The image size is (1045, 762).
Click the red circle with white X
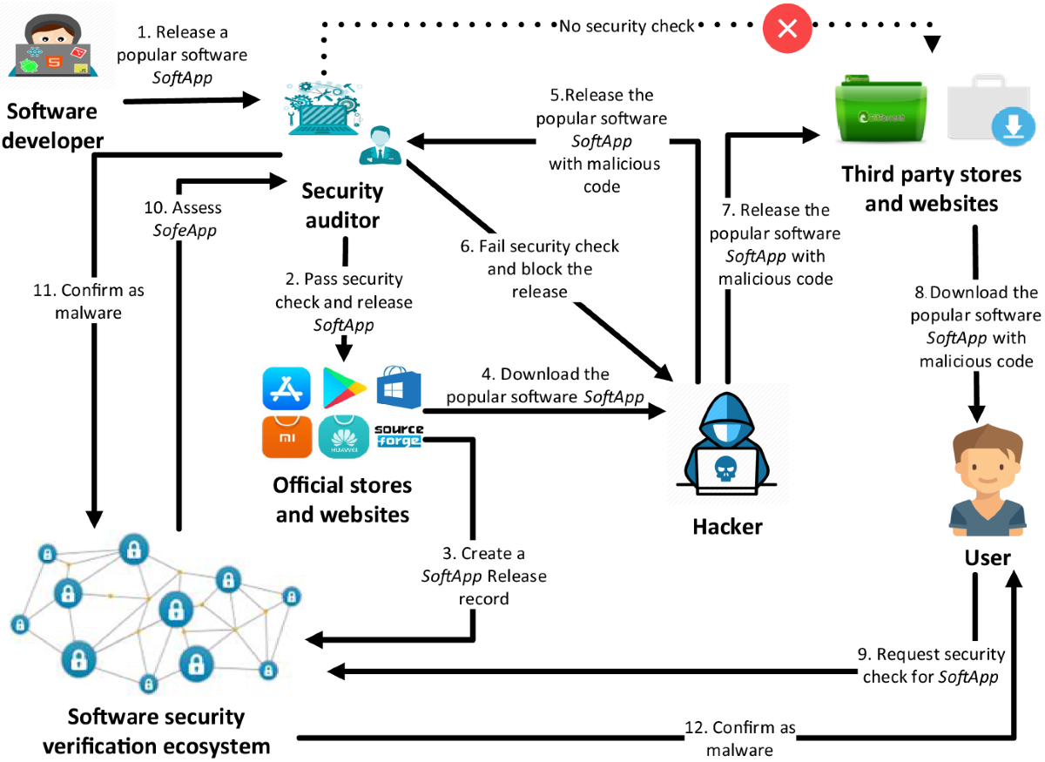[x=787, y=28]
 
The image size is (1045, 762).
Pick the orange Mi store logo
[x=287, y=437]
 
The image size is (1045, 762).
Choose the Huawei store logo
[x=343, y=437]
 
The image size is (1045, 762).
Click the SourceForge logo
[x=399, y=434]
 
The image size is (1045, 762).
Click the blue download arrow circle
[x=1012, y=130]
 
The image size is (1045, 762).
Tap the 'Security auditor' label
[x=342, y=206]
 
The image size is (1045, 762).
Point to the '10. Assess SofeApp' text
[x=183, y=219]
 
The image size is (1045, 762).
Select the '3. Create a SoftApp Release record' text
[x=484, y=577]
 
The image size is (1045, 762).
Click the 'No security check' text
[x=627, y=26]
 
